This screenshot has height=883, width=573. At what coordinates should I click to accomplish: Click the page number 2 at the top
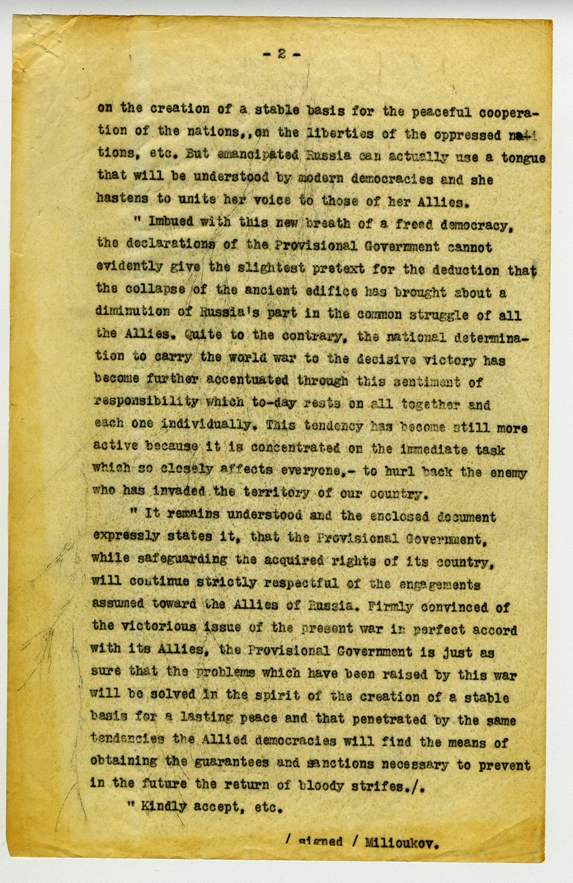[x=282, y=55]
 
